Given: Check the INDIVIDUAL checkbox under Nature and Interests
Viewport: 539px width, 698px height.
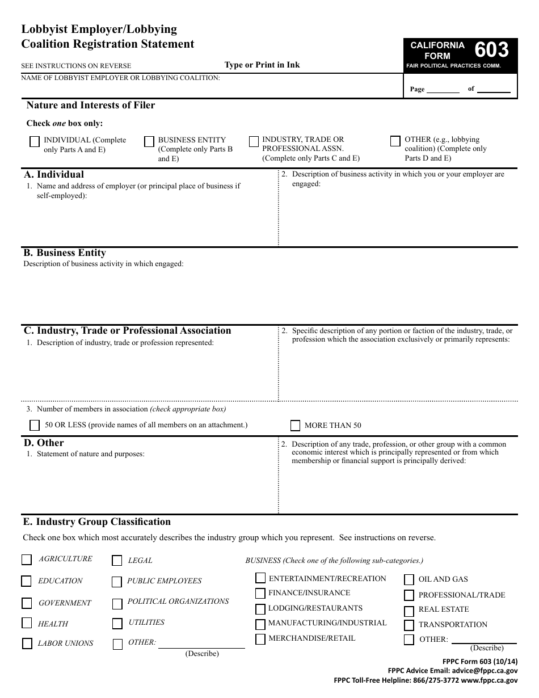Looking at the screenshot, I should coord(34,142).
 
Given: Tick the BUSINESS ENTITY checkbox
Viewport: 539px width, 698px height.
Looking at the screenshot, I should coord(149,142).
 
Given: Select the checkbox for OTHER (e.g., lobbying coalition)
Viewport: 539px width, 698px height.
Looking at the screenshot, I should coord(395,141).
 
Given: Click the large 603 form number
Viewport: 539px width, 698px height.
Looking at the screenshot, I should coord(491,51).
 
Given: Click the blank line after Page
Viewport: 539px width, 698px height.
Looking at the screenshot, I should coord(443,89).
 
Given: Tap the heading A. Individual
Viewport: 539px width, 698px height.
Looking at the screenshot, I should coord(54,175).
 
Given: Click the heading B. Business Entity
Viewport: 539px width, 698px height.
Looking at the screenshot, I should coord(65,253).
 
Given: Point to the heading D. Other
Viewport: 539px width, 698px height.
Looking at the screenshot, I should coord(44,443).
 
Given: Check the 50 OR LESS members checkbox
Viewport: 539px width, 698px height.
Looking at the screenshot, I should coord(34,425).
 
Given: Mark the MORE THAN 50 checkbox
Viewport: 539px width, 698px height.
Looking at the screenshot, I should coord(295,426).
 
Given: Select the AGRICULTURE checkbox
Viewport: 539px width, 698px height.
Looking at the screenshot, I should coord(27,560).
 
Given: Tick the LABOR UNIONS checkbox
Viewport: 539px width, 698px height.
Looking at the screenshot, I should coord(27,644).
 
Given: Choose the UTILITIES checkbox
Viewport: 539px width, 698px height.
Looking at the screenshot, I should coord(117,624).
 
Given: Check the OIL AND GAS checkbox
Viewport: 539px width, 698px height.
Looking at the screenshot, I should coord(409,579).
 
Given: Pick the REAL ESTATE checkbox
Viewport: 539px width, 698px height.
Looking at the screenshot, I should coord(409,611).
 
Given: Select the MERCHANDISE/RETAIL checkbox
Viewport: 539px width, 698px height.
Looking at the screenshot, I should coord(260,639).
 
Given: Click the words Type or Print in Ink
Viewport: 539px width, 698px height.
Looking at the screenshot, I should coord(262,65).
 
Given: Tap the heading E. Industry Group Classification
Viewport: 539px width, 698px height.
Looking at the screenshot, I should coord(96,522).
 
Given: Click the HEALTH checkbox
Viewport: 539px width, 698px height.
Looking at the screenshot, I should coord(27,623).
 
